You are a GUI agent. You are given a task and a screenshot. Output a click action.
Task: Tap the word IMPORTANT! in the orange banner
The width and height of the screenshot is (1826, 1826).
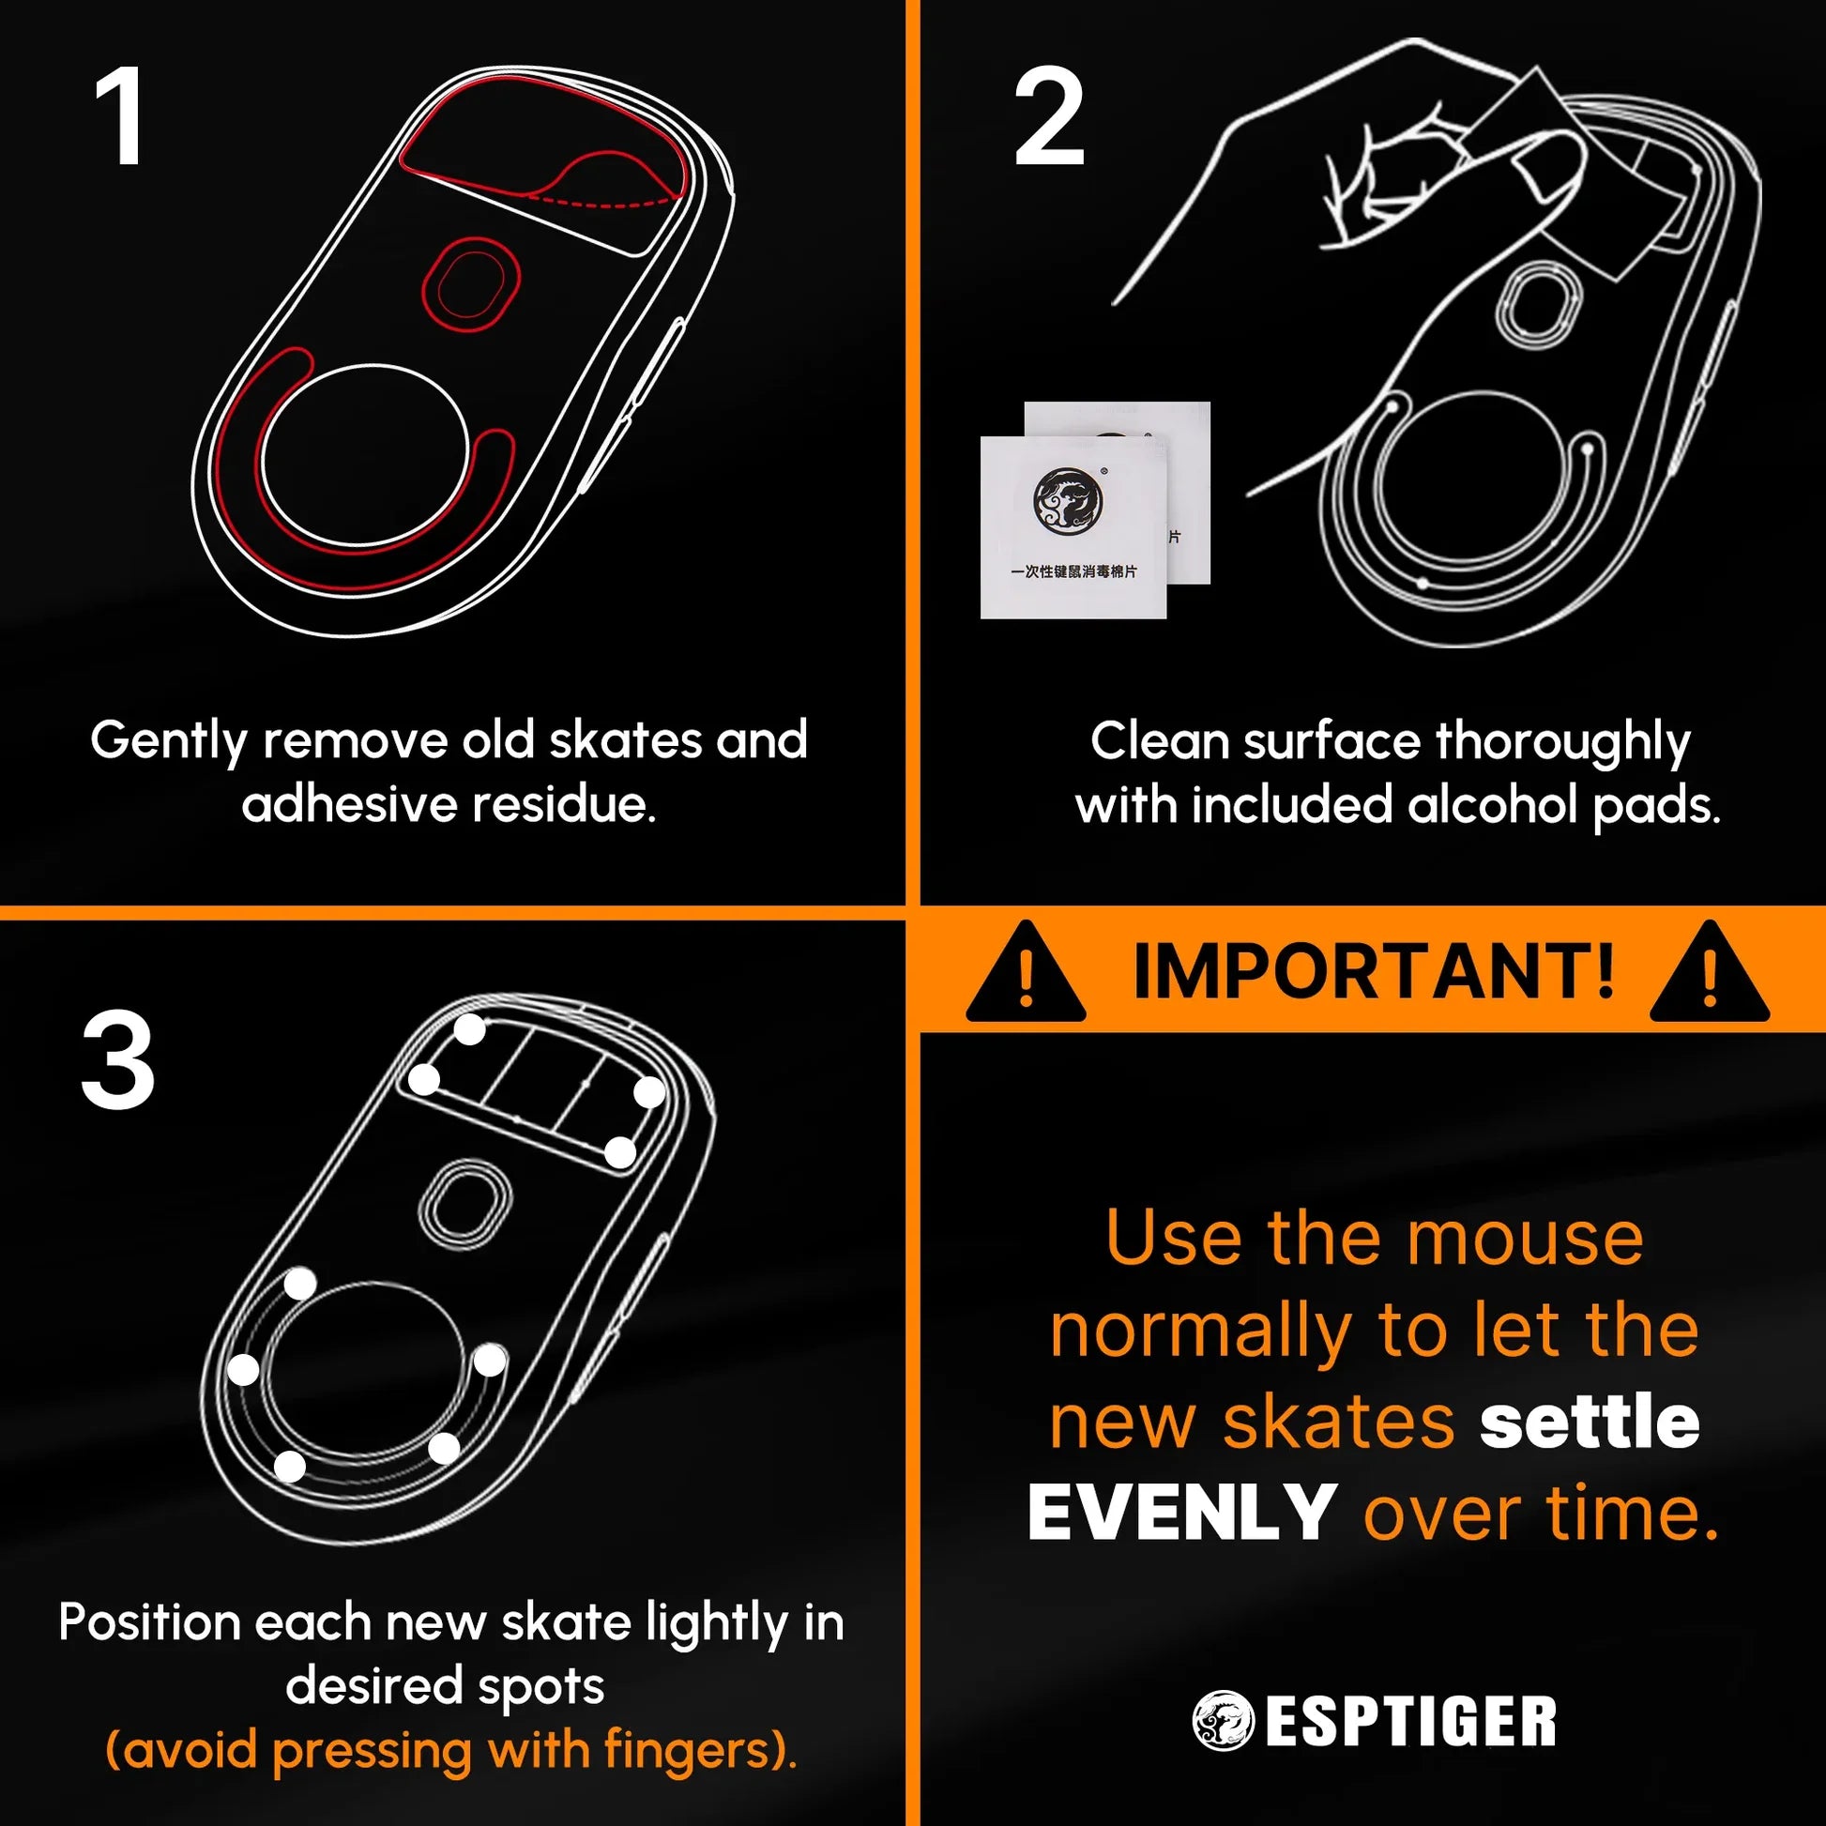pyautogui.click(x=1374, y=970)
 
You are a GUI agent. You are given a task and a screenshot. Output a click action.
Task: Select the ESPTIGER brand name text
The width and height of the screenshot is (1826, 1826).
pyautogui.click(x=1410, y=1722)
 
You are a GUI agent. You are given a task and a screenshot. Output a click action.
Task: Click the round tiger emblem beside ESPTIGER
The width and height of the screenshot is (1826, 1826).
pyautogui.click(x=1222, y=1721)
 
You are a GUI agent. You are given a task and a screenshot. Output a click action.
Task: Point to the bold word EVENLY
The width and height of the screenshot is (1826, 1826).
pyautogui.click(x=1181, y=1514)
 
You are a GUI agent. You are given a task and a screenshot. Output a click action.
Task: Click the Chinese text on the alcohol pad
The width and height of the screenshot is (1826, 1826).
pyautogui.click(x=1073, y=571)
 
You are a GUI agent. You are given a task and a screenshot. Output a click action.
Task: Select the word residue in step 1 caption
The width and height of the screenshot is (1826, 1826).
pyautogui.click(x=563, y=805)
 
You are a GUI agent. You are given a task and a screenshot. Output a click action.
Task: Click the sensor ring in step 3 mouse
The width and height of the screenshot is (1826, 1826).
pyautogui.click(x=464, y=1204)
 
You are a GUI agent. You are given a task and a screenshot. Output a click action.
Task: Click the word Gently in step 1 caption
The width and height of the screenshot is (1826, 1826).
pyautogui.click(x=168, y=741)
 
